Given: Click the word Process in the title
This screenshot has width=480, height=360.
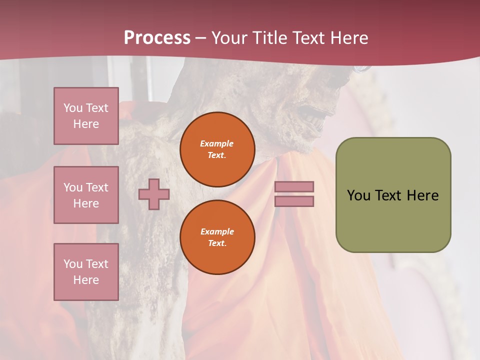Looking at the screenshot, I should tap(157, 38).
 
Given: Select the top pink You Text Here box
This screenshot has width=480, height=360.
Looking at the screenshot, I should tap(86, 116).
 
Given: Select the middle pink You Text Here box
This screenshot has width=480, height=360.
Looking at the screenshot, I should tap(86, 195).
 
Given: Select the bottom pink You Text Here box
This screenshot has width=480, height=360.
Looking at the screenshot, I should tap(86, 272).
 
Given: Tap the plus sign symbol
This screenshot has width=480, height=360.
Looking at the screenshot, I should tap(154, 194).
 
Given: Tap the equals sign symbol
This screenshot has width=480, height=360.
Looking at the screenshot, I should tap(294, 194).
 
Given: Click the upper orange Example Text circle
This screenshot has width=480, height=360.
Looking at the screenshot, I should tap(217, 149).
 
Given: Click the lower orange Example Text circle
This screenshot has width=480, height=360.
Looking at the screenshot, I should tap(217, 237).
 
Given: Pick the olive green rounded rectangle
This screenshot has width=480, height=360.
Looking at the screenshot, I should tap(393, 195).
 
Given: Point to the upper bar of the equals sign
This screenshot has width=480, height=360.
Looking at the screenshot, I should tap(294, 186).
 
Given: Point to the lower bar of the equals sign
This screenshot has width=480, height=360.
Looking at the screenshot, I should tap(294, 201).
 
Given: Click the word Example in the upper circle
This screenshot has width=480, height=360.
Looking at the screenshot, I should tap(217, 143).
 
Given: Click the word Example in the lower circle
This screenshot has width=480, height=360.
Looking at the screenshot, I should tap(217, 231).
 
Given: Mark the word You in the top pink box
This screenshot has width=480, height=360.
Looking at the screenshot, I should tap(73, 108).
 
